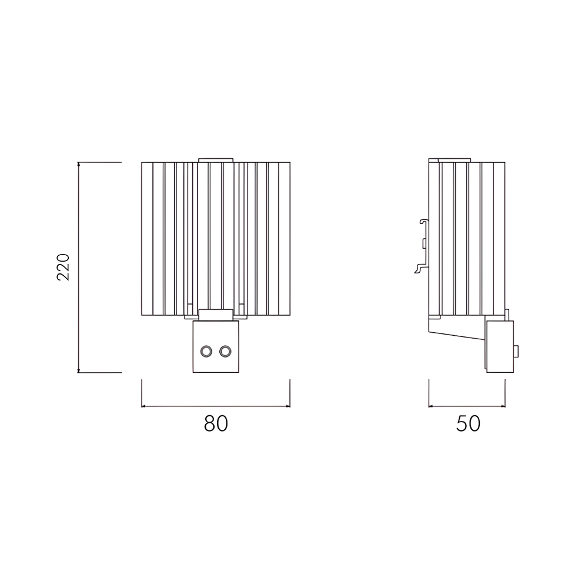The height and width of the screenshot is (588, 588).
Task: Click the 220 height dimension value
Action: coord(64,267)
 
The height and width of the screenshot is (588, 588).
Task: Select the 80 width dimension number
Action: coord(216,423)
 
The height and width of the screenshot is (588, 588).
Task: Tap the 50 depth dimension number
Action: coord(468,423)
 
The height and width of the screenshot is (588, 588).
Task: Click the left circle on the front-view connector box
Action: coord(206,351)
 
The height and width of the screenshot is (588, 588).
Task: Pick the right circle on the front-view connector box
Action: coord(225,351)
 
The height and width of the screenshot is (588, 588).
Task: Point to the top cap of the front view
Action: coord(216,159)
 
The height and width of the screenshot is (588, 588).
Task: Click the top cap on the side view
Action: coord(456,159)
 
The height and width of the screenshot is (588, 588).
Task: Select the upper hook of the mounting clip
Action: coord(425,223)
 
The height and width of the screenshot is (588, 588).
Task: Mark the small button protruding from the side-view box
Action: coord(516,352)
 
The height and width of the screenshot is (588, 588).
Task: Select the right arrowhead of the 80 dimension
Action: coord(288,406)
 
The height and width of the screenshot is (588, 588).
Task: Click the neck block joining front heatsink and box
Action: coord(216,315)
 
